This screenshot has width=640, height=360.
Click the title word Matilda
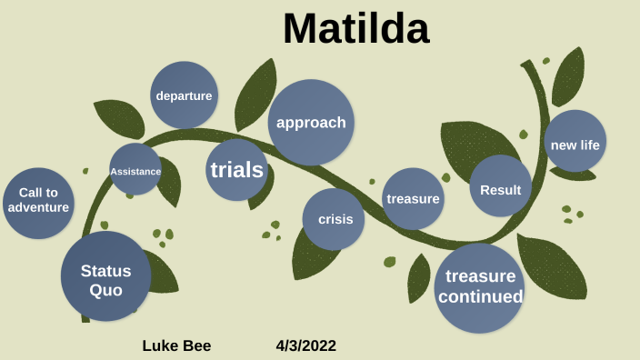(355, 29)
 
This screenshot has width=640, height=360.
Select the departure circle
(184, 95)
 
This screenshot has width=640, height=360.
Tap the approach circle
(311, 123)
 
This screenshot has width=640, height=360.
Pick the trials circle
(236, 170)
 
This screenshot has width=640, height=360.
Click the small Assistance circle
(135, 170)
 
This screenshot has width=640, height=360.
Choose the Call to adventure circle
(38, 200)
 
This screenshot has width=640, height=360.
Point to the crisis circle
(334, 219)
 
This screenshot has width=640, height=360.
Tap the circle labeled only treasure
(413, 199)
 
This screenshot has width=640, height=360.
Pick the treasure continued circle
(480, 287)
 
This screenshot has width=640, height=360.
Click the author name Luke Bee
(176, 345)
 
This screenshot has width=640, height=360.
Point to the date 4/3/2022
(306, 345)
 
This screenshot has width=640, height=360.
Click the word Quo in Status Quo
(105, 290)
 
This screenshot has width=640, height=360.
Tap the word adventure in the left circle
(38, 207)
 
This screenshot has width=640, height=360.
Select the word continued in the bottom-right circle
(480, 297)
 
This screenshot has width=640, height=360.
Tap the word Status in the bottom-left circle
(105, 270)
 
